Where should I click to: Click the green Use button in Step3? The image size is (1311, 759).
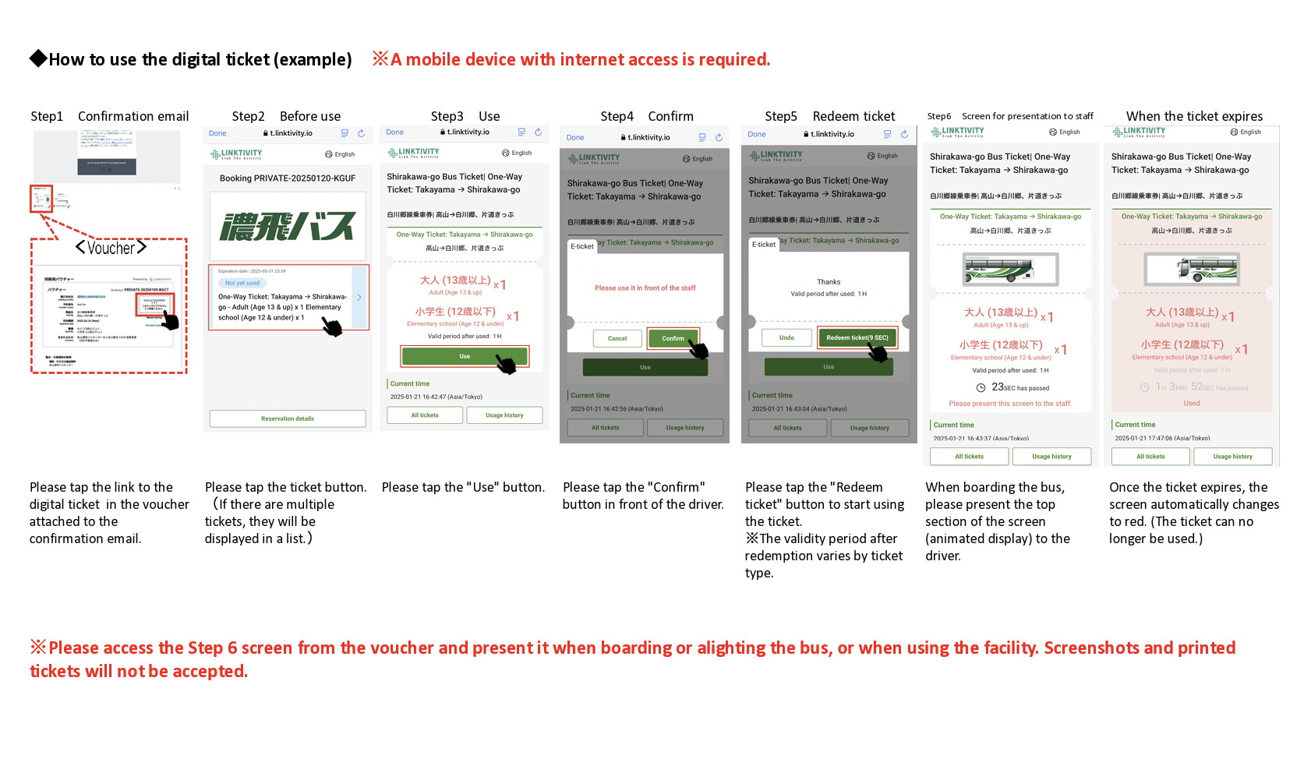pyautogui.click(x=465, y=356)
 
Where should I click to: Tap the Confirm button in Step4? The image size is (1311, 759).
pyautogui.click(x=673, y=338)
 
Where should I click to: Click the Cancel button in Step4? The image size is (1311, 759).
pyautogui.click(x=617, y=338)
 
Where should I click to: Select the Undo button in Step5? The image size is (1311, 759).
pyautogui.click(x=786, y=337)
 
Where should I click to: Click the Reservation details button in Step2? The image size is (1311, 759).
pyautogui.click(x=288, y=418)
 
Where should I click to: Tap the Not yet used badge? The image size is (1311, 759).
pyautogui.click(x=242, y=283)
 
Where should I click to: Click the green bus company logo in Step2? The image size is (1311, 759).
pyautogui.click(x=288, y=227)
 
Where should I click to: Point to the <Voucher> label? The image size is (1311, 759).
pyautogui.click(x=111, y=248)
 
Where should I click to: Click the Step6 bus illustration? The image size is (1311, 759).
pyautogui.click(x=1011, y=270)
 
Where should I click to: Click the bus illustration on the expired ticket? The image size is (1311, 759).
pyautogui.click(x=1192, y=270)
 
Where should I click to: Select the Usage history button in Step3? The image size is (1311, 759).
pyautogui.click(x=504, y=415)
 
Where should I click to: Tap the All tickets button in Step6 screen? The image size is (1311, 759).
pyautogui.click(x=969, y=457)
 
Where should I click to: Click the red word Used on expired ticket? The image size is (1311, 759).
pyautogui.click(x=1192, y=403)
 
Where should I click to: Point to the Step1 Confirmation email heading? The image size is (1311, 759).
pyautogui.click(x=110, y=116)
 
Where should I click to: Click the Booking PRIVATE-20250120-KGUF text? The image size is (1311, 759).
pyautogui.click(x=288, y=178)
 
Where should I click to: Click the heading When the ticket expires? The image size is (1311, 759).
pyautogui.click(x=1194, y=116)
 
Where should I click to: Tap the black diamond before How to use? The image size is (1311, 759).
pyautogui.click(x=37, y=58)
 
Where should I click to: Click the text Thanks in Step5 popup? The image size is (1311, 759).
pyautogui.click(x=829, y=282)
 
